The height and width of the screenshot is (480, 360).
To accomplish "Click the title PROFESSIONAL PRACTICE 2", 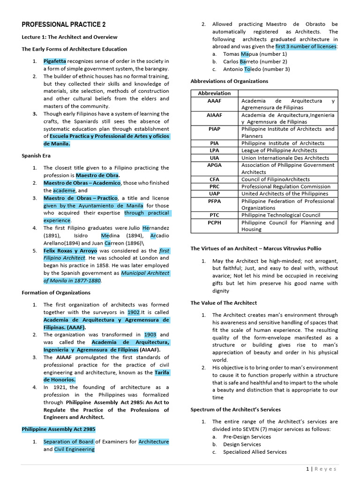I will (x=64, y=24).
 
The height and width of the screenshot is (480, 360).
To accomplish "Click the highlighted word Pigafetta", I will (x=55, y=61).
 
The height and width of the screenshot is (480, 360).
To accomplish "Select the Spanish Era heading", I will (x=36, y=156).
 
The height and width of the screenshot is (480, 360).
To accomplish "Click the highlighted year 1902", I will (x=133, y=312).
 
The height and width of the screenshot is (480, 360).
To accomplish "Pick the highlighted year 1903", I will (x=150, y=335).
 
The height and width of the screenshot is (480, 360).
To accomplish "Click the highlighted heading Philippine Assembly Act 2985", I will (x=59, y=429).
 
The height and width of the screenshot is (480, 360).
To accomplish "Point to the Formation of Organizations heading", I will (x=56, y=292).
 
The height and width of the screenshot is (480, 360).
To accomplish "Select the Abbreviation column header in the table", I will (x=214, y=93).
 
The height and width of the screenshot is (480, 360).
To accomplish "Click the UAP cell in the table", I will (x=214, y=194).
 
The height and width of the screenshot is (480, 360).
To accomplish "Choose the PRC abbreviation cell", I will (x=214, y=187).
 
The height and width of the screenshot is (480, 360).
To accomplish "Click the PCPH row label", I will (x=214, y=223).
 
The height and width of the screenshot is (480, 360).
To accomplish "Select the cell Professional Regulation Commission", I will (x=286, y=187).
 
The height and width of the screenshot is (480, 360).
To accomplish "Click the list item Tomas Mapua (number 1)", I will (x=255, y=54).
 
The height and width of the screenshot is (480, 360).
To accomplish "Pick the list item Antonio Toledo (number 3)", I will (x=256, y=69).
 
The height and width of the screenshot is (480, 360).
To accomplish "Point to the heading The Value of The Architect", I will (x=224, y=303).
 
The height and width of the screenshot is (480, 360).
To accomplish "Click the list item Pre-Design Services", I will (x=247, y=437).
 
